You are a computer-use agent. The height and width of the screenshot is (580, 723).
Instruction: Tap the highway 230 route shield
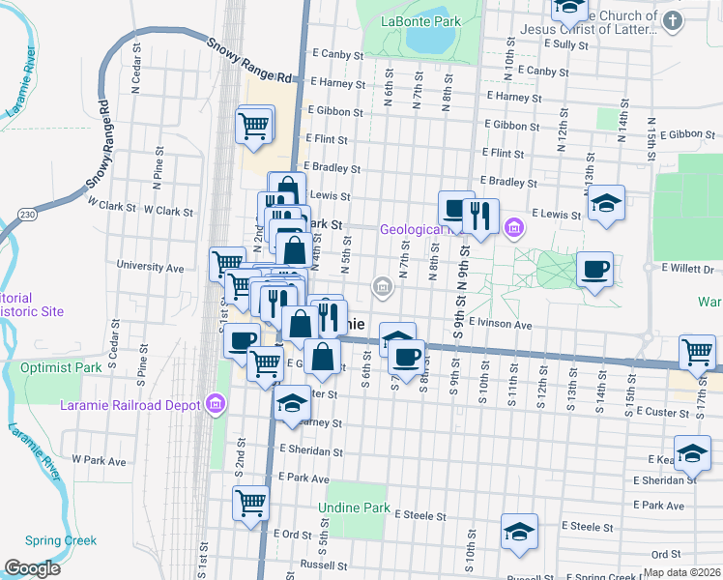[x=27, y=214]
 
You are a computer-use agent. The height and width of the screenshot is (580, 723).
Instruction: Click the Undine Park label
[x=355, y=507]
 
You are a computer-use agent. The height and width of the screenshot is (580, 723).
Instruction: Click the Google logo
[x=33, y=567]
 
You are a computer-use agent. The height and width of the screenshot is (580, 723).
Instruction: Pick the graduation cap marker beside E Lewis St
[x=606, y=203]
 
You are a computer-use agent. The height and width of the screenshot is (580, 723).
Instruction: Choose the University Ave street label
[x=150, y=266]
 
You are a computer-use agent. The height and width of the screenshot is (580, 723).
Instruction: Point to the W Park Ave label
[x=100, y=461]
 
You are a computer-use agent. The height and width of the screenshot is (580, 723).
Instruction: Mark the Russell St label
[x=323, y=565]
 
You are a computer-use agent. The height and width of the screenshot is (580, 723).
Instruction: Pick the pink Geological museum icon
[x=513, y=229]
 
